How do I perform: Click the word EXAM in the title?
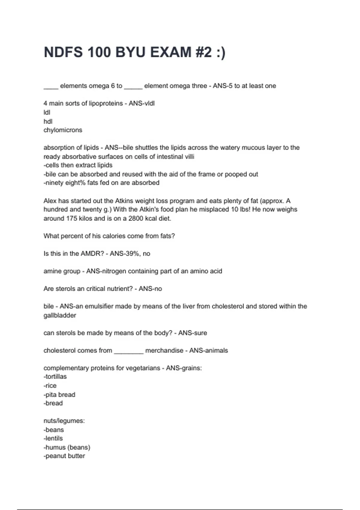coord(171,52)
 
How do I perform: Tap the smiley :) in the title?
coord(220,52)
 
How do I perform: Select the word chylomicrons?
coord(63,130)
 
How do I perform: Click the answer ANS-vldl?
coord(142,103)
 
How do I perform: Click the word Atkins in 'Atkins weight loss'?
coord(125,201)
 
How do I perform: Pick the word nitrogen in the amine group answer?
coord(114,271)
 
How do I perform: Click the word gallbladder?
coord(60,315)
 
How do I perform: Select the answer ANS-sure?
coord(193,333)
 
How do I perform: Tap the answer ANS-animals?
coord(208,350)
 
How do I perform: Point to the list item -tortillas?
coord(55,376)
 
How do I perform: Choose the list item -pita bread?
coord(59,394)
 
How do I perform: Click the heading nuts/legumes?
coord(64,421)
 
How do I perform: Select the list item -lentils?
coord(53,438)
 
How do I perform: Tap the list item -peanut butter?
coord(64,456)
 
